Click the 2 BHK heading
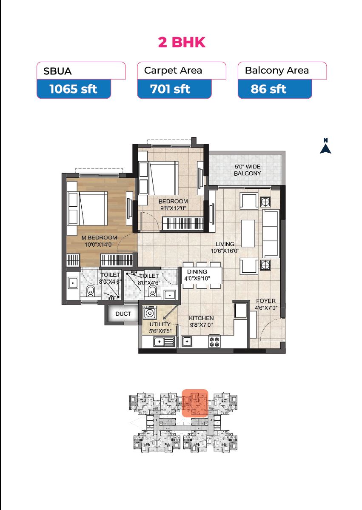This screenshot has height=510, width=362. (x=182, y=42)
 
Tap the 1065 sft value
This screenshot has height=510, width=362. (x=73, y=89)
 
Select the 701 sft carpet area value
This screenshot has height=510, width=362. (x=170, y=89)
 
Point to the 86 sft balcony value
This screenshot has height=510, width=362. (x=268, y=89)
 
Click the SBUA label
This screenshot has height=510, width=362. (x=57, y=71)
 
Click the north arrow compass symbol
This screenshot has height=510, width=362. (x=325, y=146)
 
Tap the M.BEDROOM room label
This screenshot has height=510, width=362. (x=99, y=238)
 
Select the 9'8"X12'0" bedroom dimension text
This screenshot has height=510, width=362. (x=174, y=208)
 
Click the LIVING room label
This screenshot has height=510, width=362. (x=225, y=244)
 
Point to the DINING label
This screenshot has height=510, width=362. (x=197, y=271)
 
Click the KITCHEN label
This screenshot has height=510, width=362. (x=201, y=318)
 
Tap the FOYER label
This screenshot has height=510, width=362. (x=266, y=301)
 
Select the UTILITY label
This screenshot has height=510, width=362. (x=160, y=324)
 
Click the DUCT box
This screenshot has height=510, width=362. (x=123, y=314)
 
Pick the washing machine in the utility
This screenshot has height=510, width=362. (x=150, y=312)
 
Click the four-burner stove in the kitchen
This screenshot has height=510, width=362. (x=214, y=342)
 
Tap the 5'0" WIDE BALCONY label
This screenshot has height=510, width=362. (x=248, y=170)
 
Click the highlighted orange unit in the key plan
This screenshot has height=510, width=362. (x=195, y=403)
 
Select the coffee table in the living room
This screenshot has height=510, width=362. (x=248, y=233)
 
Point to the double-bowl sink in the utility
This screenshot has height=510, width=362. (x=164, y=342)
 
